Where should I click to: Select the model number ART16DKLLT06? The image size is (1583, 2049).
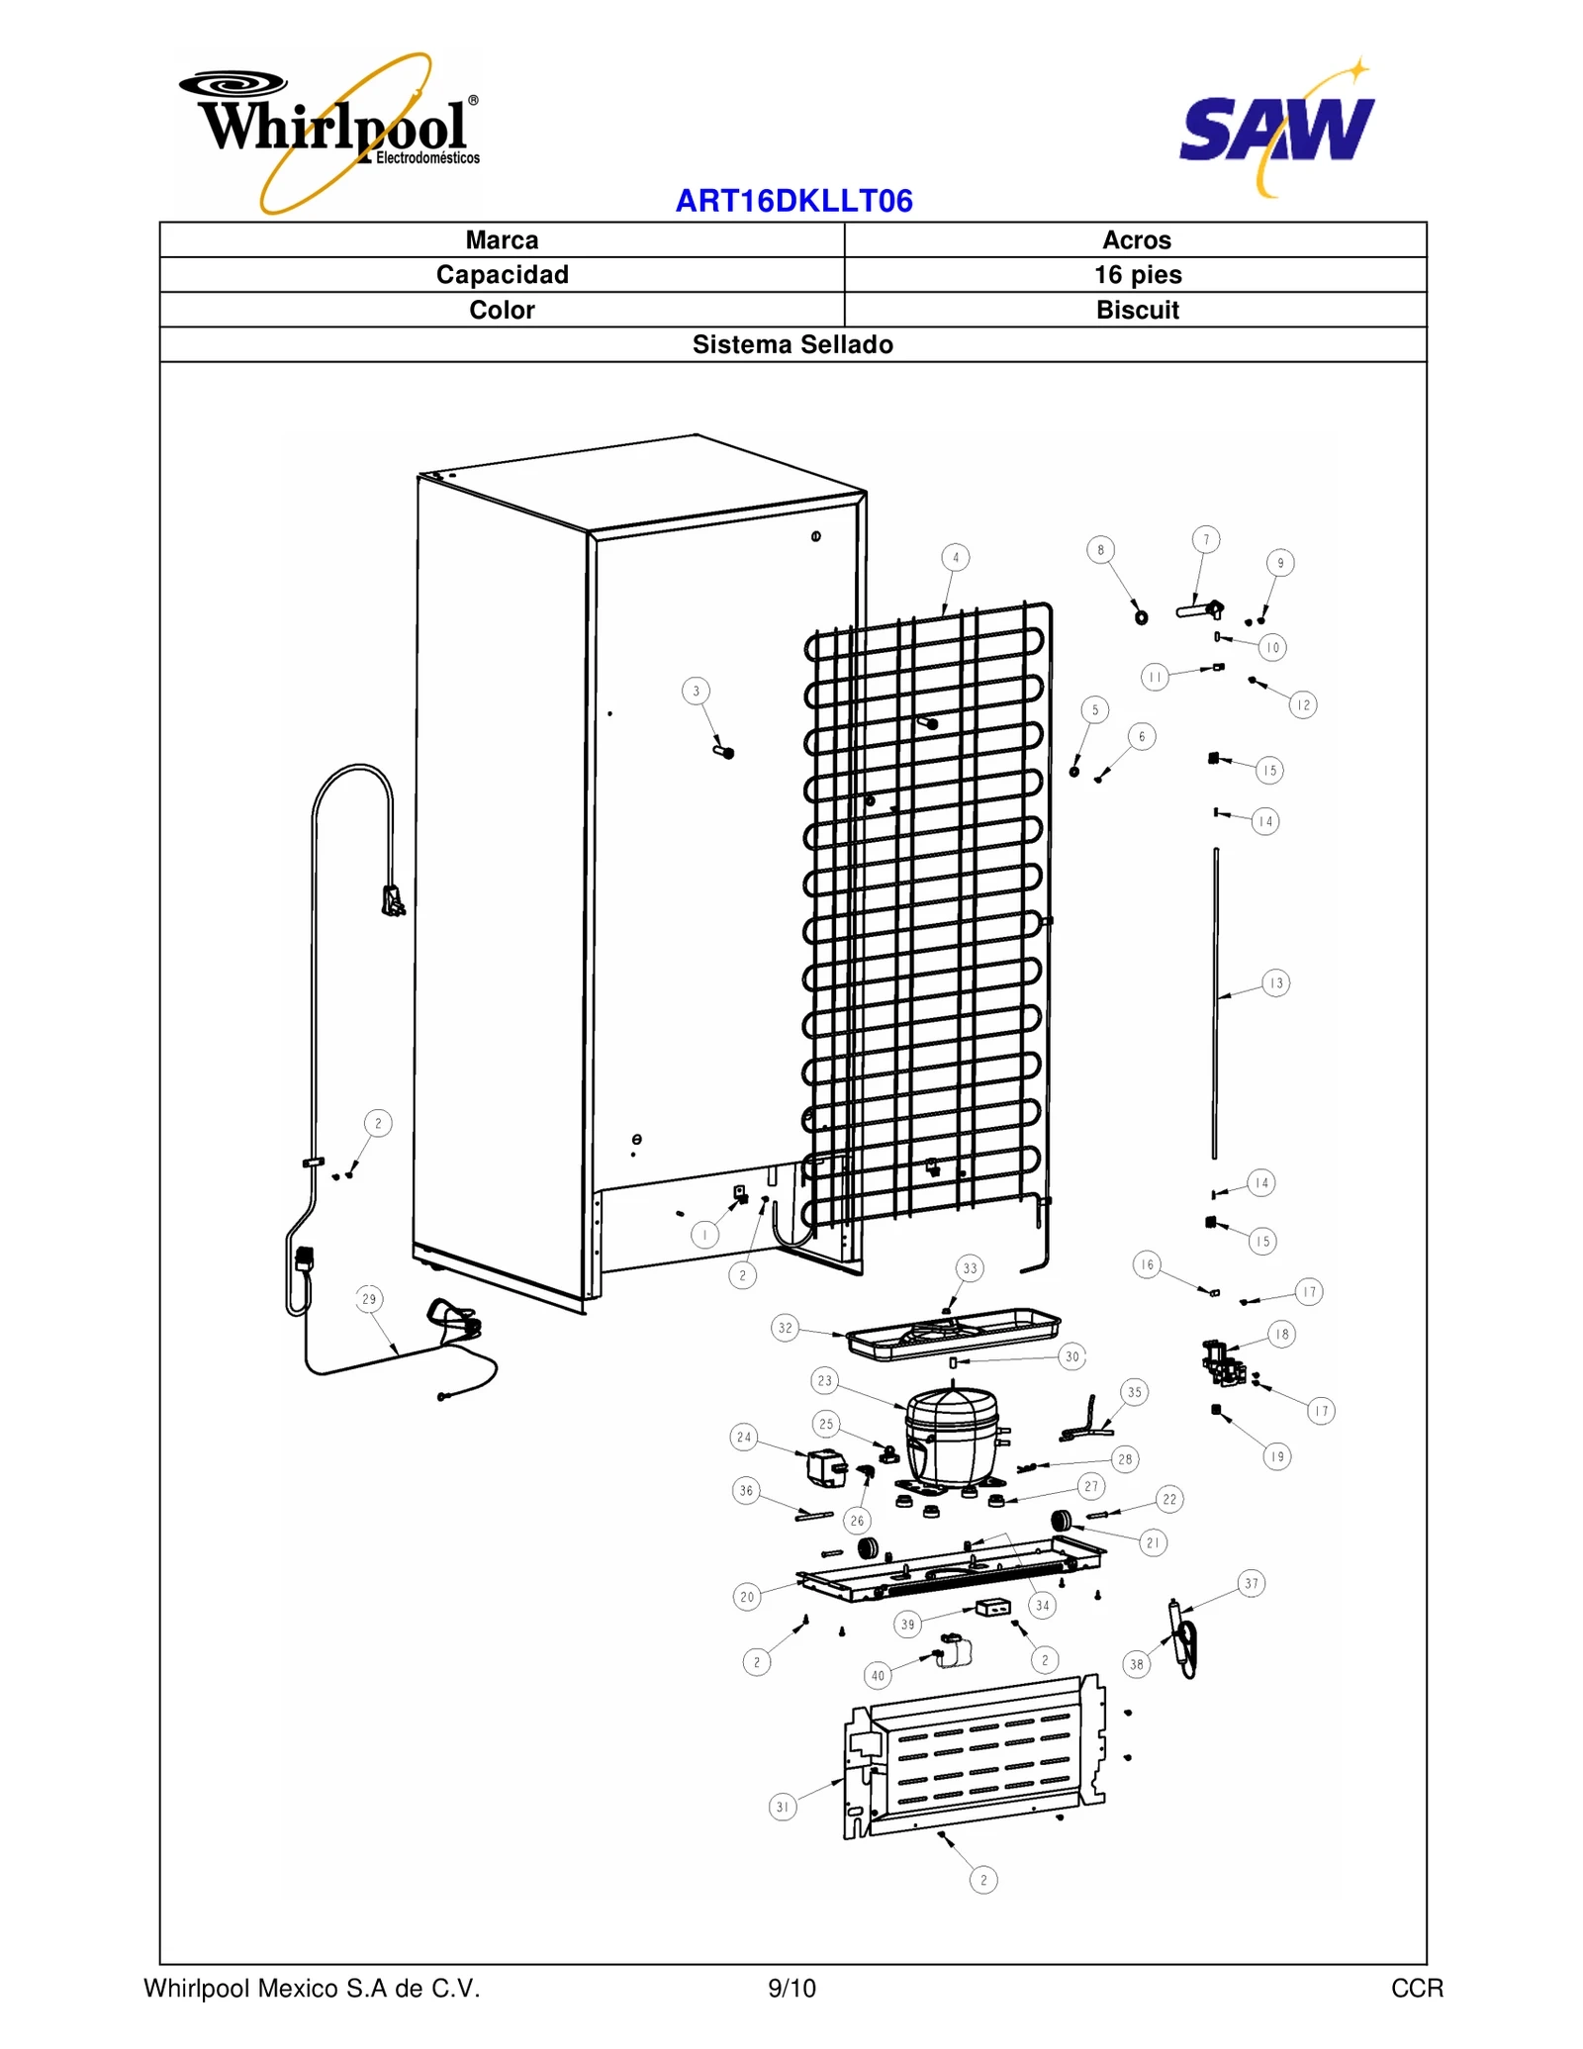point(793,201)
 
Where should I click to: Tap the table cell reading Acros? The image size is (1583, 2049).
point(1137,240)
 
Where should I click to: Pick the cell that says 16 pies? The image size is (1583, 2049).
point(1137,275)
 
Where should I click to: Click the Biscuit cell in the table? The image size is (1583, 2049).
point(1137,310)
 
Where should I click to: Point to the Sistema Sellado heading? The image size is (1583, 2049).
point(792,344)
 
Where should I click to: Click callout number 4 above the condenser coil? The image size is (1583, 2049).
point(955,558)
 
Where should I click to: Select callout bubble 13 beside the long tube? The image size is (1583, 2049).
point(1276,983)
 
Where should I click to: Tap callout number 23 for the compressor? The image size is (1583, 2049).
point(825,1380)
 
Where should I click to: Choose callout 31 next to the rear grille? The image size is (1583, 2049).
point(783,1808)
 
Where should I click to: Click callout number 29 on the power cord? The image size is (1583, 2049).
point(369,1299)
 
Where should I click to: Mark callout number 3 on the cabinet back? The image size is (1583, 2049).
point(696,692)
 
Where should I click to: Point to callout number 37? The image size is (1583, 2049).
point(1252,1584)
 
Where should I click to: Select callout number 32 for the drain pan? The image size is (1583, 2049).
point(785,1328)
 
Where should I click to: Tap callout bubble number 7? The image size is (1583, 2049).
point(1205,540)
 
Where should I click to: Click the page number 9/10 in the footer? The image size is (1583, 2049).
point(791,1989)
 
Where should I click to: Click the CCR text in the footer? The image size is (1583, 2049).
point(1417,1989)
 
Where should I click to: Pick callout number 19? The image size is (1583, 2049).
point(1277,1456)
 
